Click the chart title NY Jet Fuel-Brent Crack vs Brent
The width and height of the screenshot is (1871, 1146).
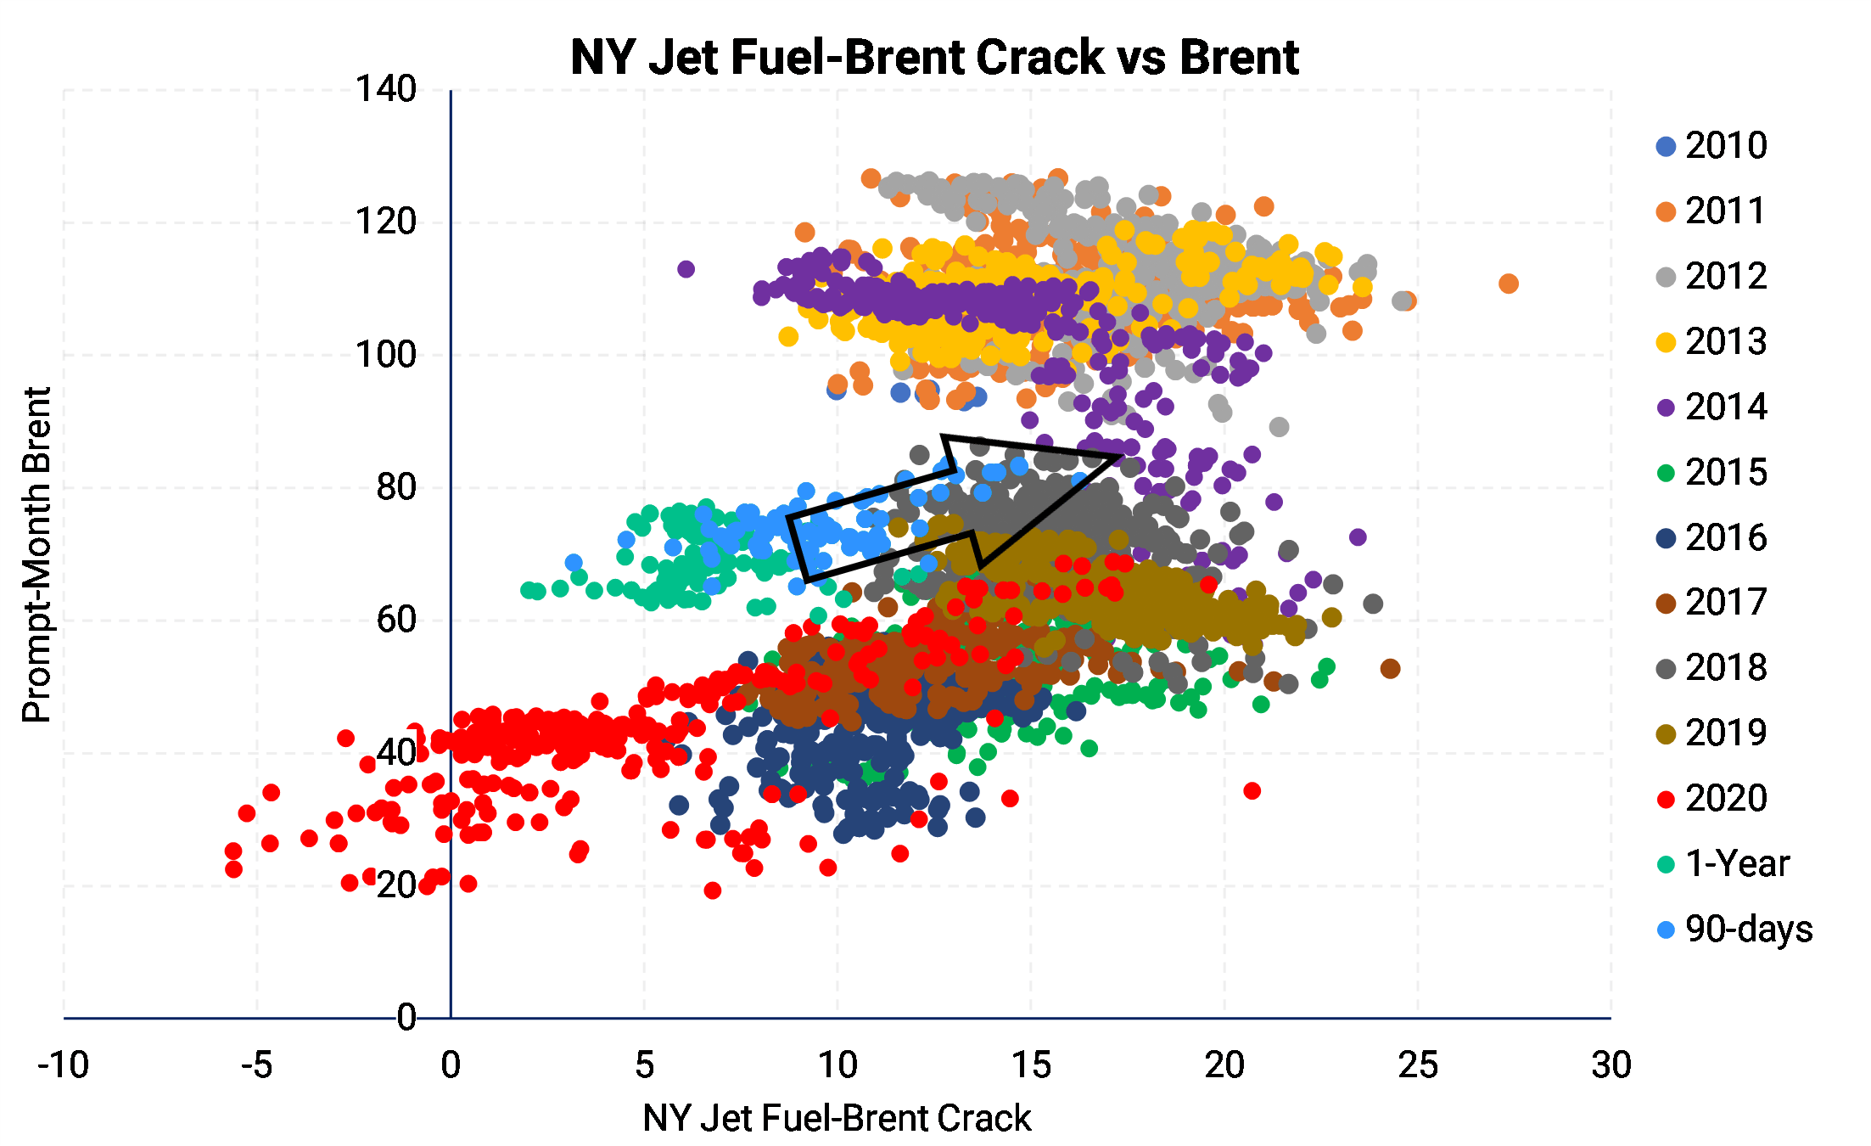coord(933,58)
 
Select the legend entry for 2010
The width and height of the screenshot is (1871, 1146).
coord(1712,146)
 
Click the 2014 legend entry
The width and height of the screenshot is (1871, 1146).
coord(1712,407)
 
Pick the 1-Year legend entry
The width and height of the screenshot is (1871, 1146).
coord(1723,864)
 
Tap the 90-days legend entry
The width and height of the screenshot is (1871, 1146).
coord(1734,930)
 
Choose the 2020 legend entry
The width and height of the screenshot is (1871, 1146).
coord(1712,799)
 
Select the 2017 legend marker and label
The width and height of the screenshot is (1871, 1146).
coord(1712,603)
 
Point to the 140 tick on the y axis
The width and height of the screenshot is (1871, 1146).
coord(386,89)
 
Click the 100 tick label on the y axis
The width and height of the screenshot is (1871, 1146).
coord(386,355)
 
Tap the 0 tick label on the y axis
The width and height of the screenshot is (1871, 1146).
coord(406,1017)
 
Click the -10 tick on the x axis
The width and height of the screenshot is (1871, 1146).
coord(64,1065)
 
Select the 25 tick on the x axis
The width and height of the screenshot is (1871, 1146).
coord(1418,1065)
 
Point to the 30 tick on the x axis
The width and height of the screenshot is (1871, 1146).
coord(1611,1065)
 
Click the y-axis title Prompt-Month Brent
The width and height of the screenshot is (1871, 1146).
coord(36,554)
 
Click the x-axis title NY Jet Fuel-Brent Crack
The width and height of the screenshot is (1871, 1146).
coord(837,1118)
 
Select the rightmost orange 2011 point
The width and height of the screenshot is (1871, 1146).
coord(1508,284)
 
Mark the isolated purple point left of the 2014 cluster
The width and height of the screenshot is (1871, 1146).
coord(686,269)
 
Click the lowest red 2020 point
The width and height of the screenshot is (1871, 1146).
coord(712,890)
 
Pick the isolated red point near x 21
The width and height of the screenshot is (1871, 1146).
coord(1252,791)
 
